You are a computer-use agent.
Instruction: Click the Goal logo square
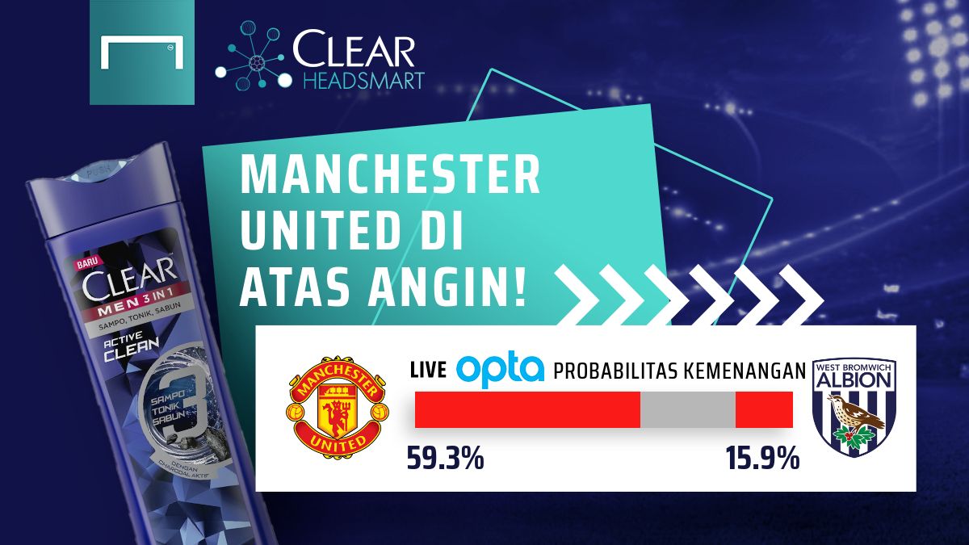[x=142, y=52]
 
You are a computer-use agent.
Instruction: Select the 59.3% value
[x=445, y=459]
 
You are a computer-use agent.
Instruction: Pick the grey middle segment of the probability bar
[x=687, y=410]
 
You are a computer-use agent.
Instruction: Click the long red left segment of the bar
[x=527, y=410]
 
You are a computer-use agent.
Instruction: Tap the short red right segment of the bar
[x=764, y=410]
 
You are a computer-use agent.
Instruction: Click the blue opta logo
[x=501, y=370]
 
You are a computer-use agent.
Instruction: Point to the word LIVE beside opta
[x=429, y=371]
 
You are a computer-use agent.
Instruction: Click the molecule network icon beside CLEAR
[x=250, y=55]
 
